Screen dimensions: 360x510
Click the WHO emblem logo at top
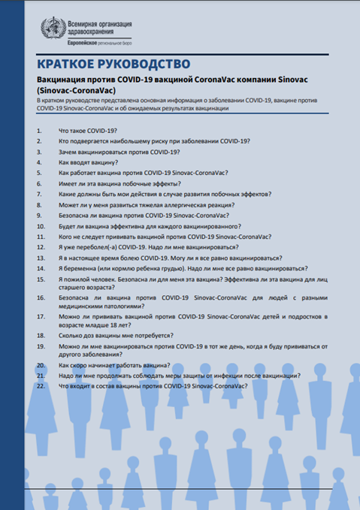click(53, 28)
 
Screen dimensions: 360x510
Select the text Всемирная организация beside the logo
click(101, 23)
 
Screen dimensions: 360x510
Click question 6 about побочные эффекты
click(119, 183)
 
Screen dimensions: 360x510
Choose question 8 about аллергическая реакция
click(146, 204)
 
